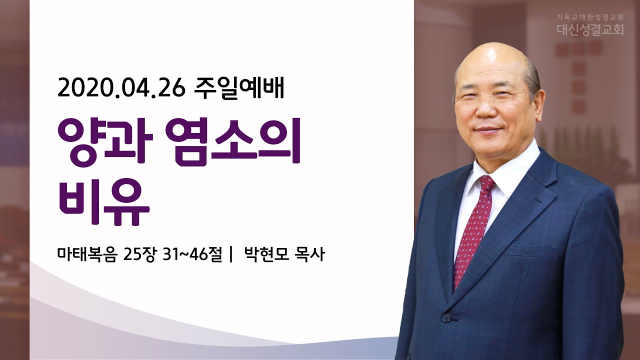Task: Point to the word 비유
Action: (104, 201)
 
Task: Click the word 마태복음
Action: (87, 254)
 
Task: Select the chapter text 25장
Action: (139, 254)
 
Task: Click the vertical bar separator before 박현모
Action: (231, 254)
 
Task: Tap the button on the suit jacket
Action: (445, 316)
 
